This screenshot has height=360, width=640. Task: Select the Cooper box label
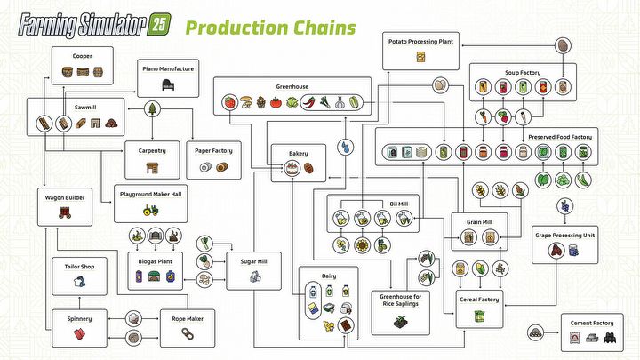click(83, 55)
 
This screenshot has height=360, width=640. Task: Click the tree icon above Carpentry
click(152, 108)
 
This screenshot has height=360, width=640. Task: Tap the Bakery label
click(298, 154)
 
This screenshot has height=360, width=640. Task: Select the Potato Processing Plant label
click(421, 41)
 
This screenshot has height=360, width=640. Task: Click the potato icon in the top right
click(563, 46)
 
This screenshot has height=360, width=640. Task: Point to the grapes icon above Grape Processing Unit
click(562, 207)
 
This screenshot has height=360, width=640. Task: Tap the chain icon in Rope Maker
click(188, 333)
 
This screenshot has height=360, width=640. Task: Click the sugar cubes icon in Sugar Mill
click(254, 277)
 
